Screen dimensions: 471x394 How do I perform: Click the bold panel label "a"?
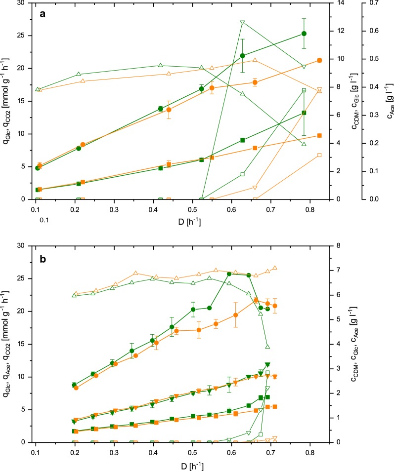(43, 14)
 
